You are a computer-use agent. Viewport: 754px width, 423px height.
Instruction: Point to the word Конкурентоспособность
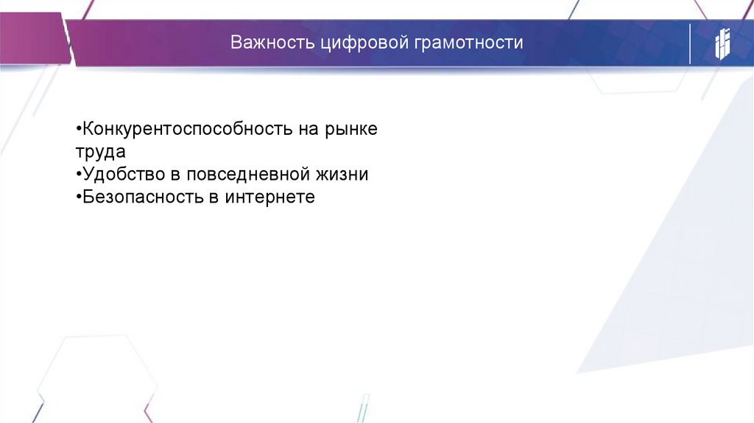[189, 129]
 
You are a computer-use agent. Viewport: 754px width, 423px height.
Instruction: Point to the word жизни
[343, 175]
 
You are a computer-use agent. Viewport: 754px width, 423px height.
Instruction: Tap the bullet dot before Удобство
[78, 175]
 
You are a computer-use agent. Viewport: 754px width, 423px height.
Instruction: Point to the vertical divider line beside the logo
[690, 43]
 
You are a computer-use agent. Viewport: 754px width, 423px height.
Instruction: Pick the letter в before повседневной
[175, 175]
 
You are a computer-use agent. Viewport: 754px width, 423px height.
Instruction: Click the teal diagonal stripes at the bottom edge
[362, 409]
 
